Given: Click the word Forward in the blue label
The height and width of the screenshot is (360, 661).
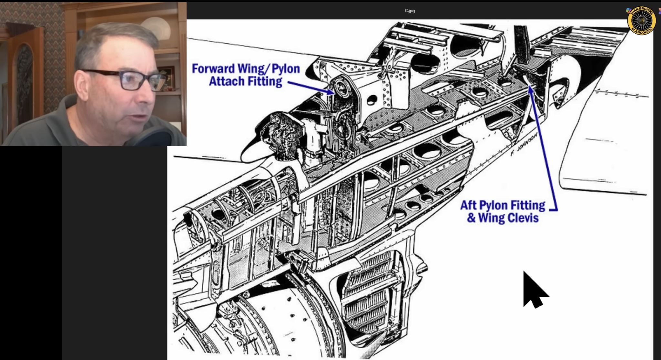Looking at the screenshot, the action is pyautogui.click(x=213, y=69).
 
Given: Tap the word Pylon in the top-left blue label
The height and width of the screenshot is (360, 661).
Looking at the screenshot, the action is pyautogui.click(x=286, y=69).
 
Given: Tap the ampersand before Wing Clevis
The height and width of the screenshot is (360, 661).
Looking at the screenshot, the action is pyautogui.click(x=471, y=218).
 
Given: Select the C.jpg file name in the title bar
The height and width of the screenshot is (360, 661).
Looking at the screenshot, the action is pyautogui.click(x=410, y=11).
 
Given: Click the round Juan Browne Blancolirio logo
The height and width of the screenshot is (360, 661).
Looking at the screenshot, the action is pyautogui.click(x=641, y=20).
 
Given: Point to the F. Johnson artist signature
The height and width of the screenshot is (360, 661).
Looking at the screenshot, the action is pyautogui.click(x=524, y=144).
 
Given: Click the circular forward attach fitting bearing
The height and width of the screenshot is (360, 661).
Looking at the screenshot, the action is pyautogui.click(x=341, y=88).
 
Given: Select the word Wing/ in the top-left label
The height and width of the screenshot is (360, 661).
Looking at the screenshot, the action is pyautogui.click(x=254, y=69).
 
